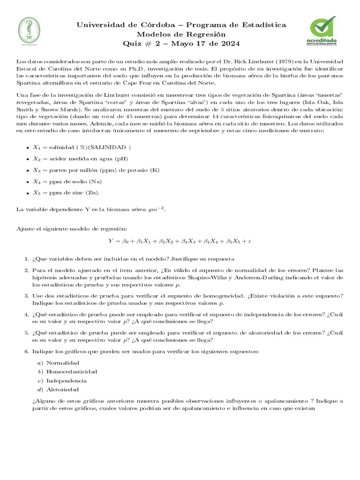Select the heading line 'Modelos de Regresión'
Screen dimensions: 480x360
(181, 34)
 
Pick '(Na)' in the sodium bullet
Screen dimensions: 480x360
(97, 181)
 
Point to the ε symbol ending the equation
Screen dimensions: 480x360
(250, 241)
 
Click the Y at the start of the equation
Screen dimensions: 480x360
(111, 241)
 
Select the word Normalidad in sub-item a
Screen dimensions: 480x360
(63, 363)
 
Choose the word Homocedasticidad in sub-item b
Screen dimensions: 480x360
(72, 371)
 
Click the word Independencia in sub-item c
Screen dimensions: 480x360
(67, 380)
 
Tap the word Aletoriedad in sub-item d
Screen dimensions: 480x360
(63, 389)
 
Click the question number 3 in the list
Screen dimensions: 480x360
(26, 295)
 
